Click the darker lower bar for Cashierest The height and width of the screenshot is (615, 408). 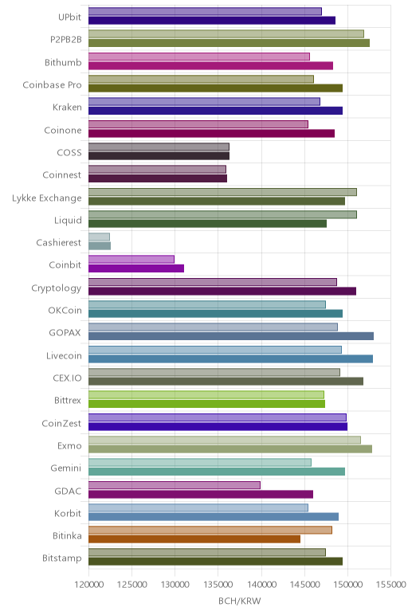(x=100, y=246)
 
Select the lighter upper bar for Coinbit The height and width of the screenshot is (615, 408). (x=131, y=259)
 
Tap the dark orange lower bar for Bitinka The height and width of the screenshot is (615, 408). (x=194, y=539)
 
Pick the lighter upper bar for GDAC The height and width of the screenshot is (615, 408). (x=175, y=485)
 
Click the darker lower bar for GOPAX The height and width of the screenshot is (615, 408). (x=231, y=336)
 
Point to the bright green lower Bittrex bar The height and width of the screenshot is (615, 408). (x=206, y=404)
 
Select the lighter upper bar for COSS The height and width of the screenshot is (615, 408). (x=159, y=147)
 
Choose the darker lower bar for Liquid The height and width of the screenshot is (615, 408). (x=207, y=224)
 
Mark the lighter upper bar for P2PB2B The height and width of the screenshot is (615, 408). (x=226, y=33)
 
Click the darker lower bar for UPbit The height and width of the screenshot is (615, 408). (x=212, y=21)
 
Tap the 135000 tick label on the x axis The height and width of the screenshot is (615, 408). (x=218, y=585)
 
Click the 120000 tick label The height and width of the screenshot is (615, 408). (x=88, y=585)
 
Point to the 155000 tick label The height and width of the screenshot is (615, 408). (x=390, y=585)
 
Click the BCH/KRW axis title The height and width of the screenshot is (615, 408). (x=239, y=601)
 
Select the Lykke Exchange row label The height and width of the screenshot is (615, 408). (x=47, y=198)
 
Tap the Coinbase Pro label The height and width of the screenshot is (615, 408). (x=52, y=84)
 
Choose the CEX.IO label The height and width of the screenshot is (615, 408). (x=67, y=378)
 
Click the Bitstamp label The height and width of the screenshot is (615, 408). (x=62, y=558)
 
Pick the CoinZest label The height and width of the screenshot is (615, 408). (x=61, y=423)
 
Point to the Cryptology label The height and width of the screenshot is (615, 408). (x=57, y=288)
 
